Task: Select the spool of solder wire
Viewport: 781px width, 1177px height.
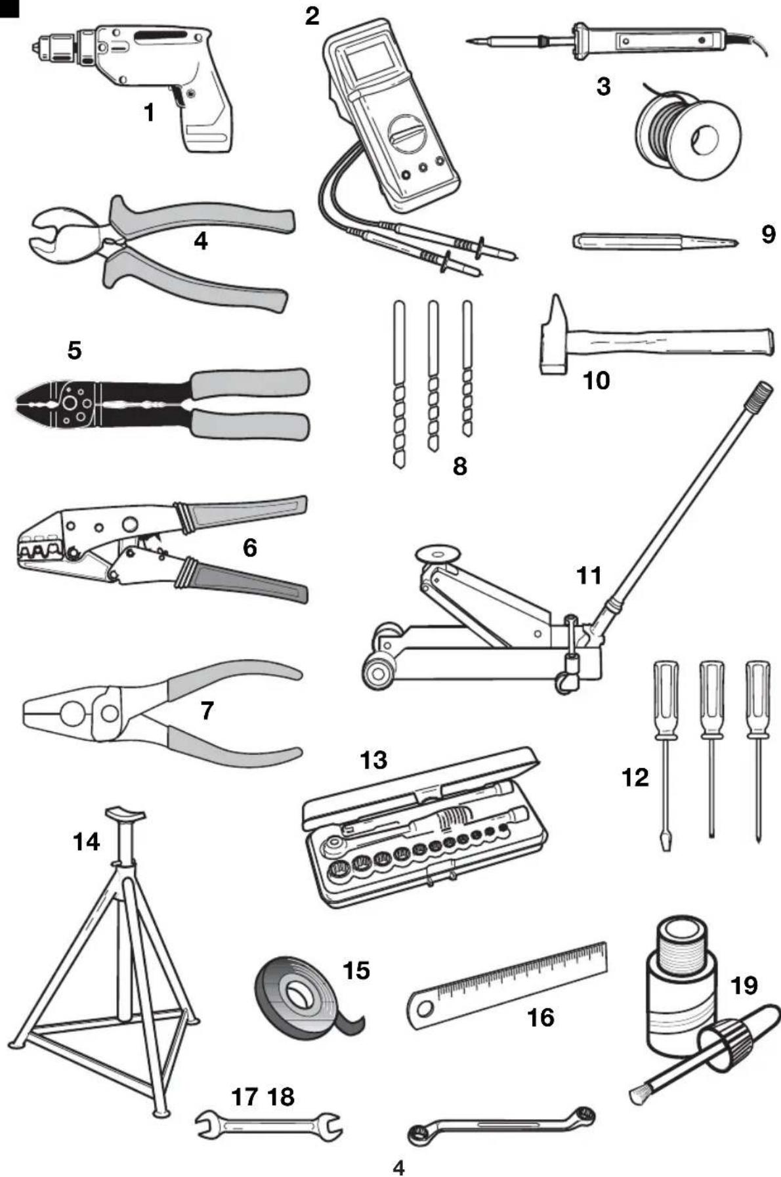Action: [688, 137]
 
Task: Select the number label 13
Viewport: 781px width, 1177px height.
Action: [373, 760]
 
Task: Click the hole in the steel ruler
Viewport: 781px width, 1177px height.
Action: [423, 1008]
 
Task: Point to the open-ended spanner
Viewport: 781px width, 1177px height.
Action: [269, 1125]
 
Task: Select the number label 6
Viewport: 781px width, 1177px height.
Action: [250, 547]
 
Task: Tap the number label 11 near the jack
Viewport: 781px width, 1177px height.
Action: [589, 575]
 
